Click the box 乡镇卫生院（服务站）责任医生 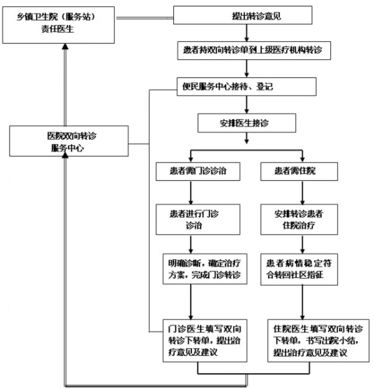[x=58, y=25]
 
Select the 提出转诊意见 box [x=243, y=15]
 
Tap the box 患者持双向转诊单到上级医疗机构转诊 [x=254, y=51]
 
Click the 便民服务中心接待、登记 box [x=247, y=87]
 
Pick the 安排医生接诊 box [x=247, y=123]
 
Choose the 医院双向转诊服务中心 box [x=69, y=141]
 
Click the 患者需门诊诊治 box [x=198, y=171]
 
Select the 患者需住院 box [x=299, y=171]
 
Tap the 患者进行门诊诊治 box [x=198, y=219]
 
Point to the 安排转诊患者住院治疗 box [x=299, y=219]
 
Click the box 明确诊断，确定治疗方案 [x=205, y=269]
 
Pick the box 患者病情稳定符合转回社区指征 [x=299, y=269]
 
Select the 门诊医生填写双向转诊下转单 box [x=205, y=341]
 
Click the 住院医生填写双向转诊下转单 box [x=318, y=341]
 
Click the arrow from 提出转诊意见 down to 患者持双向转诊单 [x=247, y=33]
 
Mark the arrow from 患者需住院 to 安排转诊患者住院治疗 [x=302, y=192]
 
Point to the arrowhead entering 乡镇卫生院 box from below [x=65, y=46]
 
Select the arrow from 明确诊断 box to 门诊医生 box [x=190, y=302]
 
